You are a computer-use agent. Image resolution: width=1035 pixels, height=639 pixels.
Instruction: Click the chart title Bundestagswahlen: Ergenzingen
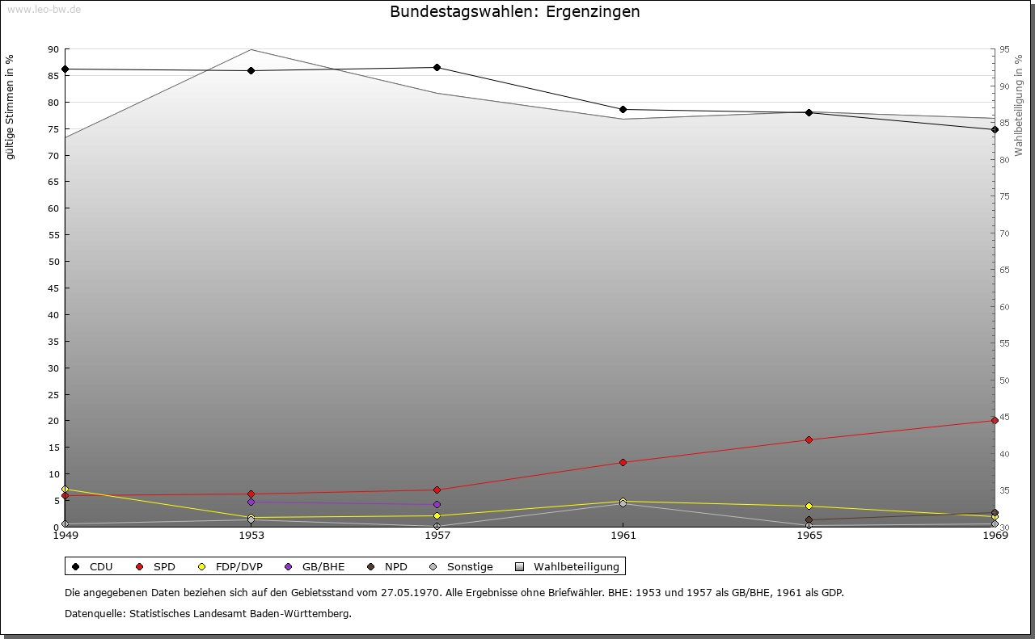tap(514, 12)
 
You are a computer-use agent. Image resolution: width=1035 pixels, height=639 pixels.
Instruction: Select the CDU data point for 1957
tap(437, 68)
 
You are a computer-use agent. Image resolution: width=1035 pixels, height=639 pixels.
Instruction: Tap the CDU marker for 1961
tap(623, 110)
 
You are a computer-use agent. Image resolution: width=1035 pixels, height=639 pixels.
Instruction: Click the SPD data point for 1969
tap(995, 421)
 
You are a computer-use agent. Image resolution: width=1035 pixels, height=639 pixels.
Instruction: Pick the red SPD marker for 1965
tap(809, 440)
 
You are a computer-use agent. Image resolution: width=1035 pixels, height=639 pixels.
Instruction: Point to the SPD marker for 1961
tap(623, 463)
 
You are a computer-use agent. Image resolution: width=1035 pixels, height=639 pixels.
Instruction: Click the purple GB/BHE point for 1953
tap(251, 502)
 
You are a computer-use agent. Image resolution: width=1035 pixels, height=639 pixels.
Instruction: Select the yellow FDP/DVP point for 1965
tap(809, 507)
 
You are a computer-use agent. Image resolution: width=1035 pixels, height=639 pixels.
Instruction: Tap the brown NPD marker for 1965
tap(809, 520)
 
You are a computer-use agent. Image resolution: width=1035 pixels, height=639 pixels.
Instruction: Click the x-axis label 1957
tap(437, 535)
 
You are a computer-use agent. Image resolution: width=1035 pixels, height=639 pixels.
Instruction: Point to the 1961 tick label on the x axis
tap(623, 535)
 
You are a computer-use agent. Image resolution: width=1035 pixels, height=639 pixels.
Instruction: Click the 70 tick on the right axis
tap(1003, 233)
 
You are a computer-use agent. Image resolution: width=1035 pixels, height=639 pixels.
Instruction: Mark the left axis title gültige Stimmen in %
tap(11, 107)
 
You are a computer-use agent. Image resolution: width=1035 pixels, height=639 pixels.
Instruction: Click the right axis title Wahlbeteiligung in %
tap(1018, 106)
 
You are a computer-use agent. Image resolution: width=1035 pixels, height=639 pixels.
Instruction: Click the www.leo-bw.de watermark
tap(44, 9)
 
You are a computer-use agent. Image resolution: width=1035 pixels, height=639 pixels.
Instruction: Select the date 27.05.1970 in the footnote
tap(411, 592)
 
